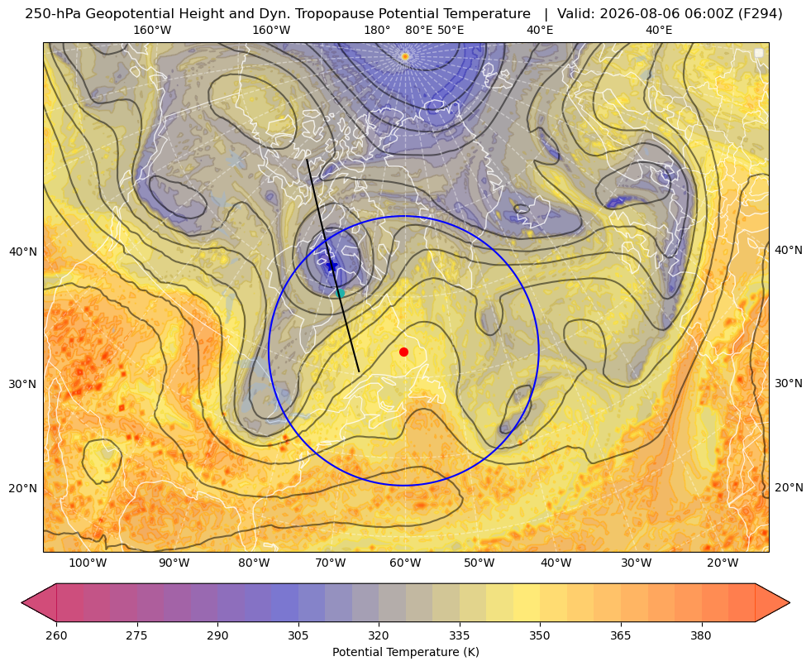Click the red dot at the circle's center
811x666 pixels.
point(404,352)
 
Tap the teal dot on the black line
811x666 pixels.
point(340,293)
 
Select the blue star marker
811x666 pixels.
point(332,266)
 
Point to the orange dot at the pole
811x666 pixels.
point(405,56)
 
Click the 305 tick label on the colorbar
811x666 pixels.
point(298,635)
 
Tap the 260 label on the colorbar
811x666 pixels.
point(56,635)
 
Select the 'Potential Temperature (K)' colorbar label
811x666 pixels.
point(405,652)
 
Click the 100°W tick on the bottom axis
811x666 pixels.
point(88,563)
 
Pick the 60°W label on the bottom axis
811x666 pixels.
point(405,563)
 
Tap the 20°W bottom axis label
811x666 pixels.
point(723,563)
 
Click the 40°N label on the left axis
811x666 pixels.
point(23,252)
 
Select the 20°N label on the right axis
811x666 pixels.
point(789,487)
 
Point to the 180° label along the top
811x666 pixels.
point(378,30)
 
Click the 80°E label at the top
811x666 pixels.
point(418,30)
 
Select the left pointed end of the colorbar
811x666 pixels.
point(22,602)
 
